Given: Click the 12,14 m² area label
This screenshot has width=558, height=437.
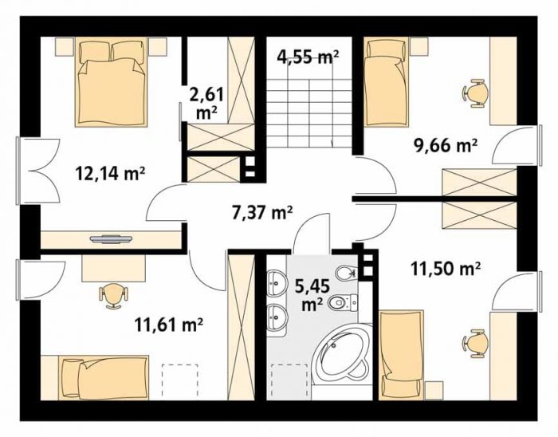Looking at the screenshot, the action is coord(110,174).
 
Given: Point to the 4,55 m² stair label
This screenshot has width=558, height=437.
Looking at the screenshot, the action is coord(308,57).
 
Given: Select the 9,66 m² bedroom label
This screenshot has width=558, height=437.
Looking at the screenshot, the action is coord(445,145).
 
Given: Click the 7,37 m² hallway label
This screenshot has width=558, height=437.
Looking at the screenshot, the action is coord(261,213).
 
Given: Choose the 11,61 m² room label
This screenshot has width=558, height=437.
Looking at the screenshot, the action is coord(169,325).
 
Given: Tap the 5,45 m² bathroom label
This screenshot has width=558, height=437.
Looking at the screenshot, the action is coord(312,294).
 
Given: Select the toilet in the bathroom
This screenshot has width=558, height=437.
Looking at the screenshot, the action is coord(344,302).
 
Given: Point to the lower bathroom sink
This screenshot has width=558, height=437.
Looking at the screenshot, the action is coord(277,315).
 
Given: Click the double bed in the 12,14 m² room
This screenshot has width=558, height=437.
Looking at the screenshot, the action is coord(111,82).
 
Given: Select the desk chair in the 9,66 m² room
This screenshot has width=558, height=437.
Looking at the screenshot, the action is coord(475,93).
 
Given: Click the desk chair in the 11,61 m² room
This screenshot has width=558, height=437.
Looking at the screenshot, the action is coord(113,295).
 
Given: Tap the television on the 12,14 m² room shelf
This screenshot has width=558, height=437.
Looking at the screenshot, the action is coord(111,238).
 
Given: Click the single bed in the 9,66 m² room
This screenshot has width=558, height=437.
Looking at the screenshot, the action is coord(387,82).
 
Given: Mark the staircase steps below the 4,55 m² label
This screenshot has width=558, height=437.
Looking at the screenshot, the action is coord(309,113).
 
